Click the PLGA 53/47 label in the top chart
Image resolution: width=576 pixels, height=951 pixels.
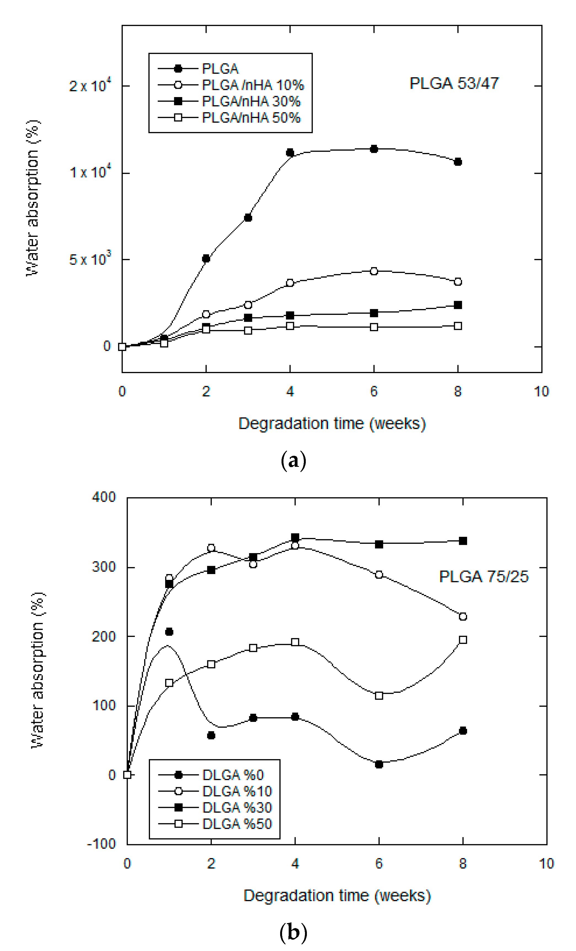point(454,83)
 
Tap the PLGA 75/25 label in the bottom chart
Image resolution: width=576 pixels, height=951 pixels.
point(484,577)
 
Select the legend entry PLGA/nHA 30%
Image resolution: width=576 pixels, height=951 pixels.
point(251,101)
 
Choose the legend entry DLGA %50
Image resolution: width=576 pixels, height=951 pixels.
point(237,824)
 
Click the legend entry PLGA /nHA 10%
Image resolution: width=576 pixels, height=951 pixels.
point(253,85)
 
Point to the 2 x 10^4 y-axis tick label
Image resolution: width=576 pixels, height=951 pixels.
point(90,85)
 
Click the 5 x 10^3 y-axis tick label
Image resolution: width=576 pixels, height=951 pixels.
point(90,259)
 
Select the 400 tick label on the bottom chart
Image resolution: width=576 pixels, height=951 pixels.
point(103,497)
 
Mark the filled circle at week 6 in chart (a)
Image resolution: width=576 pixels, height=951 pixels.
point(374,149)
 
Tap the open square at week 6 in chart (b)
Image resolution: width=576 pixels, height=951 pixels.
point(379,695)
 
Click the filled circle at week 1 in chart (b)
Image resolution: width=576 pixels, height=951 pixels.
point(169,632)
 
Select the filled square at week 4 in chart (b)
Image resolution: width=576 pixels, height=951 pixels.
point(295,537)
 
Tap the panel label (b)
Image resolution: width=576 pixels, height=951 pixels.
point(293,933)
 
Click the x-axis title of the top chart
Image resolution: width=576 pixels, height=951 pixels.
point(332,424)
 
